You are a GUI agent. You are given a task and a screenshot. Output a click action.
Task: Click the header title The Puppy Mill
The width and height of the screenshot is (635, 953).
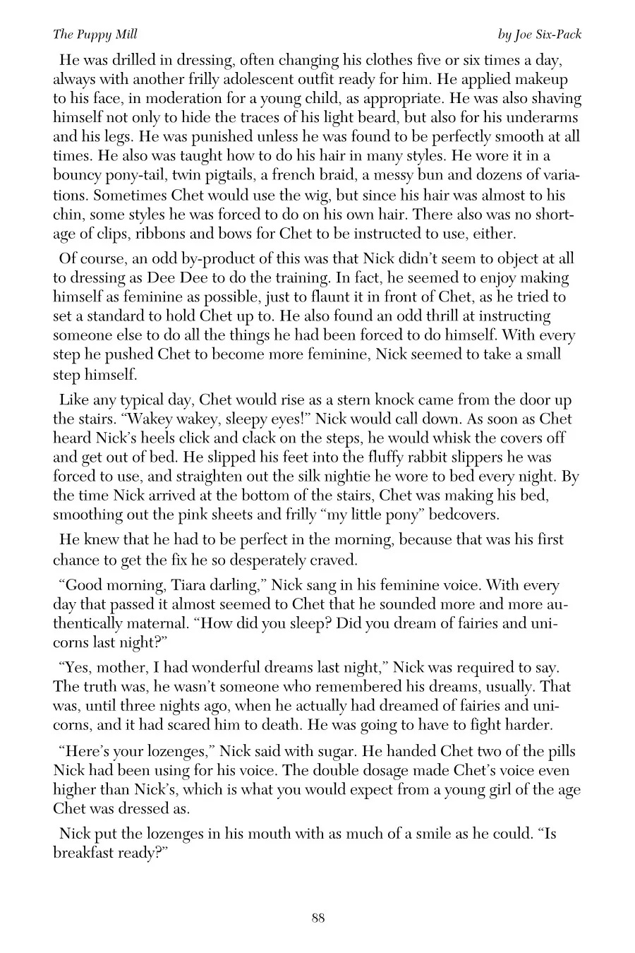85,34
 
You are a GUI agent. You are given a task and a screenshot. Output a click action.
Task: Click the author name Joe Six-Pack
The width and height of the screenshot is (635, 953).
539,34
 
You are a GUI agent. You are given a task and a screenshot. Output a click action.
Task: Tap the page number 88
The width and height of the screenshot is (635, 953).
317,917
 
